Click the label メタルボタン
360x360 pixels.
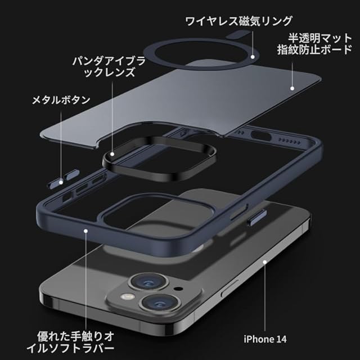[61, 100]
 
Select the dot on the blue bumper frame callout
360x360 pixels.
[84, 230]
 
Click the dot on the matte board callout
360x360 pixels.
[292, 88]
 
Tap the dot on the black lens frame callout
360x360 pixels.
[112, 153]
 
